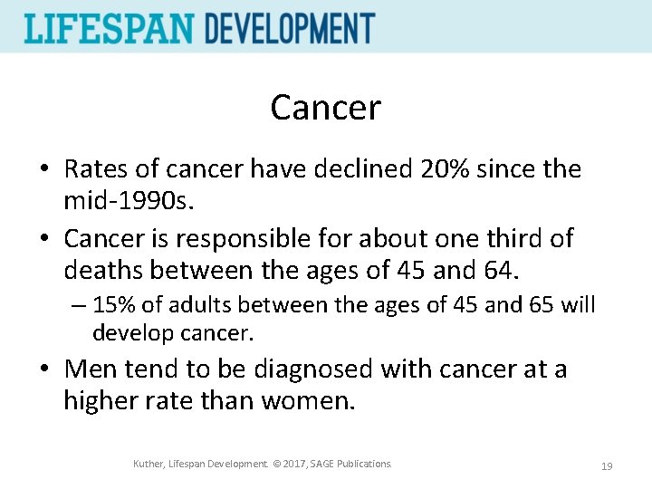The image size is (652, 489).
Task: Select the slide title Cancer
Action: click(325, 109)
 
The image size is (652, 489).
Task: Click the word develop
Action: click(132, 332)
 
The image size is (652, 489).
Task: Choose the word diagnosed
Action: click(303, 369)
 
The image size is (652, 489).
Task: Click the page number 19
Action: click(607, 466)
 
